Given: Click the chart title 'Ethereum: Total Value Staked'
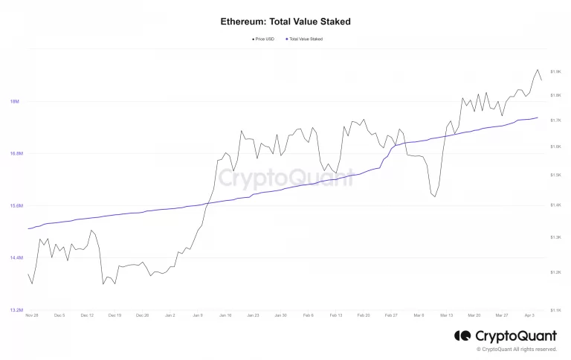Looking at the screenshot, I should pos(285,22).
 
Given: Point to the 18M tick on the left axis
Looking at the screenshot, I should pos(14,102).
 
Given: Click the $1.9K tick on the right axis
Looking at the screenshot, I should pos(555,71).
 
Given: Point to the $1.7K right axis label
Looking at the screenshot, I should pos(555,120).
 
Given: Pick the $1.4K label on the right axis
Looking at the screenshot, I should pos(555,205).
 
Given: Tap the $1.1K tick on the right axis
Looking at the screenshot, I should pos(555,310).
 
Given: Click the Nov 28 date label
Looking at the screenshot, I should pos(31,315).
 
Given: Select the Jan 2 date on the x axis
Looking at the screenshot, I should pos(170,315).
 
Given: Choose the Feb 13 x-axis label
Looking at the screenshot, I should pos(336,315).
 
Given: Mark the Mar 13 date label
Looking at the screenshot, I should pos(447,315).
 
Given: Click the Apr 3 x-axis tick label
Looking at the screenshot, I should pos(529,315).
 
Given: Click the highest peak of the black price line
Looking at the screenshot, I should pos(538,70).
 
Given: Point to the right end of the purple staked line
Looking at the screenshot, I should pos(538,118).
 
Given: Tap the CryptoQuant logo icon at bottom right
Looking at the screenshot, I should pos(462,336).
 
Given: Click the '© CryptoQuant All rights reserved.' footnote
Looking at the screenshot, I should pos(516,349).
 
